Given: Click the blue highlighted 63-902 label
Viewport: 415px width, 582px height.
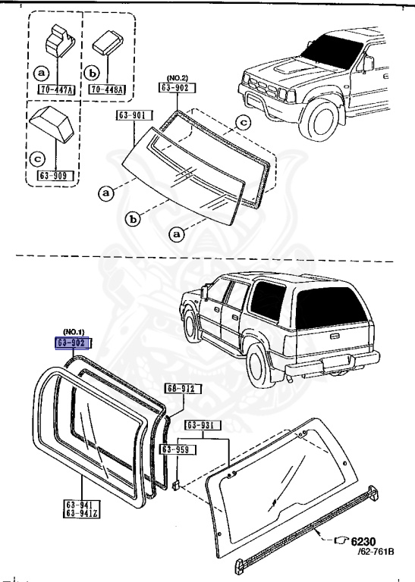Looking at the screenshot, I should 72,343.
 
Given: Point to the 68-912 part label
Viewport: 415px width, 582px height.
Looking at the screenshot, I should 177,389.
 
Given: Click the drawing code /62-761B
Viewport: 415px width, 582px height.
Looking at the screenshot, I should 375,552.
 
